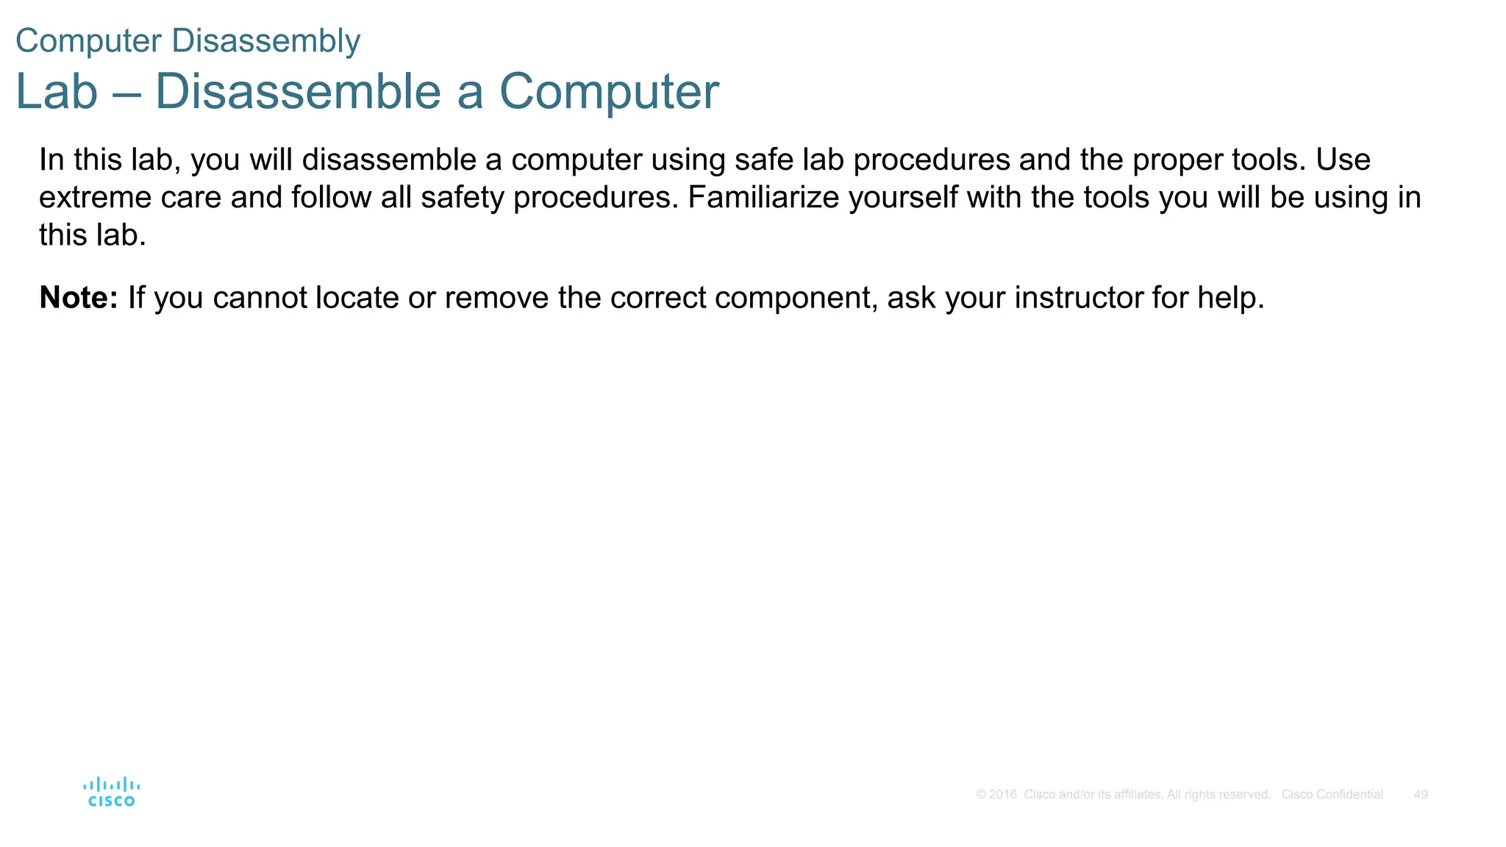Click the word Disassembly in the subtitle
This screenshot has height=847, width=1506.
click(x=265, y=40)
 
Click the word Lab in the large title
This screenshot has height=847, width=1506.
click(x=57, y=92)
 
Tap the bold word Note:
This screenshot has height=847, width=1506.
click(x=79, y=298)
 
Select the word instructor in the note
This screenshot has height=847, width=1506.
click(x=1078, y=298)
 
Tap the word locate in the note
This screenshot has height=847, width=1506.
click(x=357, y=298)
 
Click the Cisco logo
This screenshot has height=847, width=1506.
click(x=112, y=793)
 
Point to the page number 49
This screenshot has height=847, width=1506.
click(x=1421, y=795)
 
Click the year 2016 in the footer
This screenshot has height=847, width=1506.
click(x=1002, y=795)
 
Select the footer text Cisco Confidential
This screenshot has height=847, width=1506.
click(x=1332, y=795)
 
